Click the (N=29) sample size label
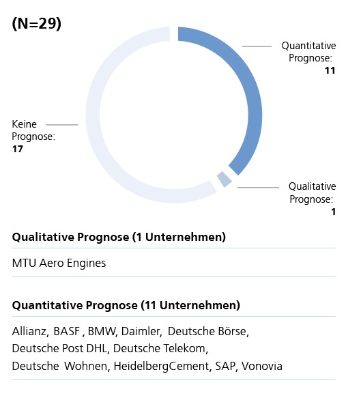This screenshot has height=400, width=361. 36,24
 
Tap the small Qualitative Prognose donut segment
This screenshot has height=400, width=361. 225,180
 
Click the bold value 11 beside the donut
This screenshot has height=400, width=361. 330,70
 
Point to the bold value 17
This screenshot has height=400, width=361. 17,149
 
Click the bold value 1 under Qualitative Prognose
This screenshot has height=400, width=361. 333,212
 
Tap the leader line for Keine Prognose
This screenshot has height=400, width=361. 61,125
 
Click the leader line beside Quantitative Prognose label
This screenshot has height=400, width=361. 257,46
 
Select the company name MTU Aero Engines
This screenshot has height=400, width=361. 59,263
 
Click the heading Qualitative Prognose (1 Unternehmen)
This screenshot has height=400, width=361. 119,237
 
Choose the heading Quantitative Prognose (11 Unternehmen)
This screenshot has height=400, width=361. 126,305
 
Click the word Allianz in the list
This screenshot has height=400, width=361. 30,331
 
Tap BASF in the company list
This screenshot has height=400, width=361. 67,331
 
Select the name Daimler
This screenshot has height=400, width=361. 141,331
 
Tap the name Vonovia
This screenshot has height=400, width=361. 262,367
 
